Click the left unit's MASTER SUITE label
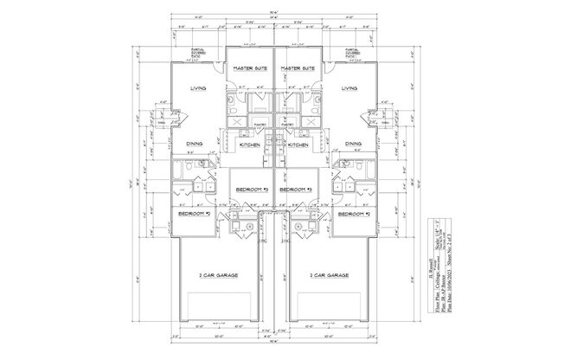pyautogui.click(x=249, y=67)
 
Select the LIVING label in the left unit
pyautogui.click(x=198, y=88)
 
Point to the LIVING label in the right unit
pyautogui.click(x=349, y=88)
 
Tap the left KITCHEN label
pyautogui.click(x=252, y=145)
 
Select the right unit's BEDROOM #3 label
pyautogui.click(x=298, y=189)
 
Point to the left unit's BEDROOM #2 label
pyautogui.click(x=195, y=213)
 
